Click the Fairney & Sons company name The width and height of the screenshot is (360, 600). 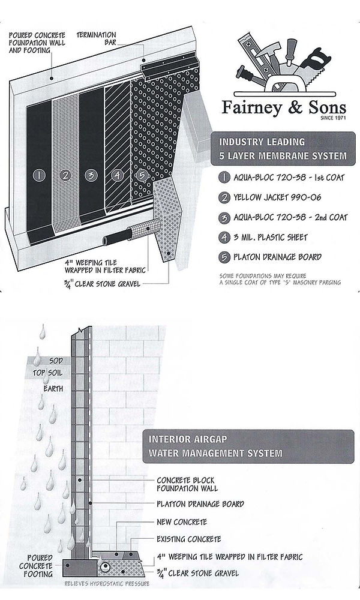(x=284, y=108)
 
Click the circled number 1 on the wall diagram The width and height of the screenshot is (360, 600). (x=39, y=175)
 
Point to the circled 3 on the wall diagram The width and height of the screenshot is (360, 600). (x=91, y=175)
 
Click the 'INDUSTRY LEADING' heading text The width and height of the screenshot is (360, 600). (x=262, y=142)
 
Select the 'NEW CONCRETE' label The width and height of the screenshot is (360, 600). (x=182, y=521)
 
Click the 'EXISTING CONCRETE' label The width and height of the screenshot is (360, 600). (x=189, y=539)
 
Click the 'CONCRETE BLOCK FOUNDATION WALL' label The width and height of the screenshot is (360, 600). (x=187, y=484)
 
